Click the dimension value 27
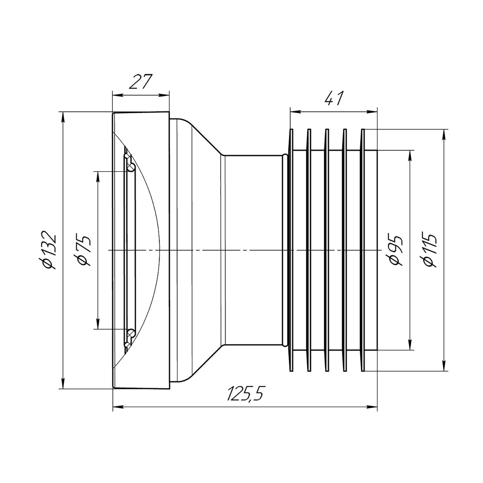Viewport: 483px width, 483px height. point(140,82)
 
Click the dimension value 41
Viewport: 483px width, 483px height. point(334,99)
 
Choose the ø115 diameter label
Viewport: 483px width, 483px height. point(430,250)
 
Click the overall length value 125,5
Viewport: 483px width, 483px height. point(245,393)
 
